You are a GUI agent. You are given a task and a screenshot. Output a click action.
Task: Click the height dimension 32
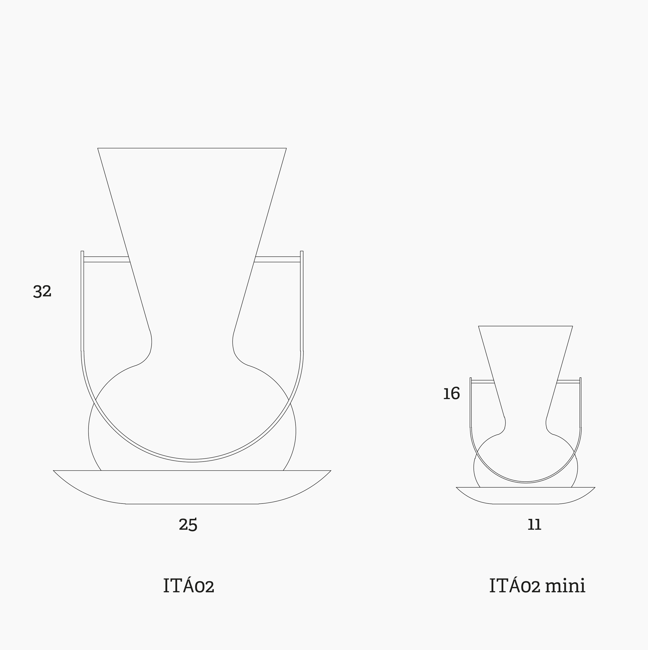42,291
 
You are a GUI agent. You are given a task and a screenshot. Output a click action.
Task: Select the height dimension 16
451,394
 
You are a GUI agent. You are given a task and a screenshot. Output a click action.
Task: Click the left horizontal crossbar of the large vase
107,259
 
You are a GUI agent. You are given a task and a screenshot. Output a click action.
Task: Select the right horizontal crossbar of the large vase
277,259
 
